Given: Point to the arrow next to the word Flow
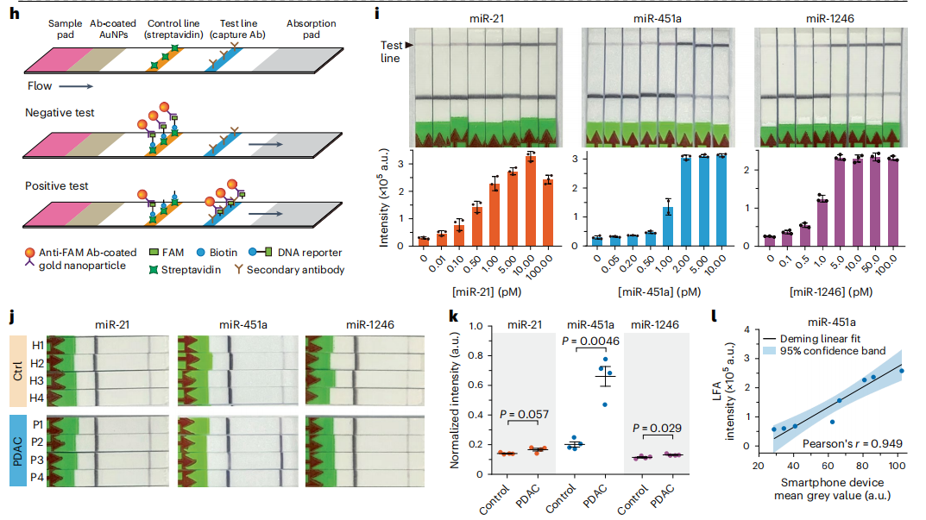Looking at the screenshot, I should tap(76, 86).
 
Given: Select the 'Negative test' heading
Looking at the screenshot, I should tap(60, 113).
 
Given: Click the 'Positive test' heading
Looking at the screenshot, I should tap(58, 186).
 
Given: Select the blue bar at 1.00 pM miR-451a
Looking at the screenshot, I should tap(667, 226).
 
